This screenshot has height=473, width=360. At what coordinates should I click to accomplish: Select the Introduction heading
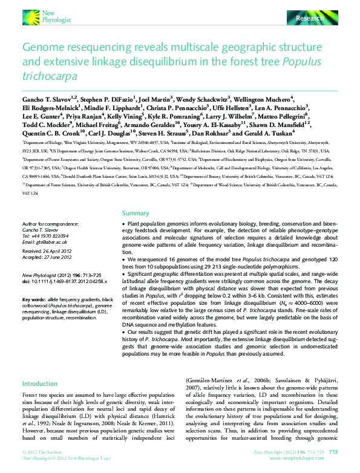pos(40,383)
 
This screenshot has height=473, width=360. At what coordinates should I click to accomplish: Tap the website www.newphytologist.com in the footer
pos(306,458)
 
